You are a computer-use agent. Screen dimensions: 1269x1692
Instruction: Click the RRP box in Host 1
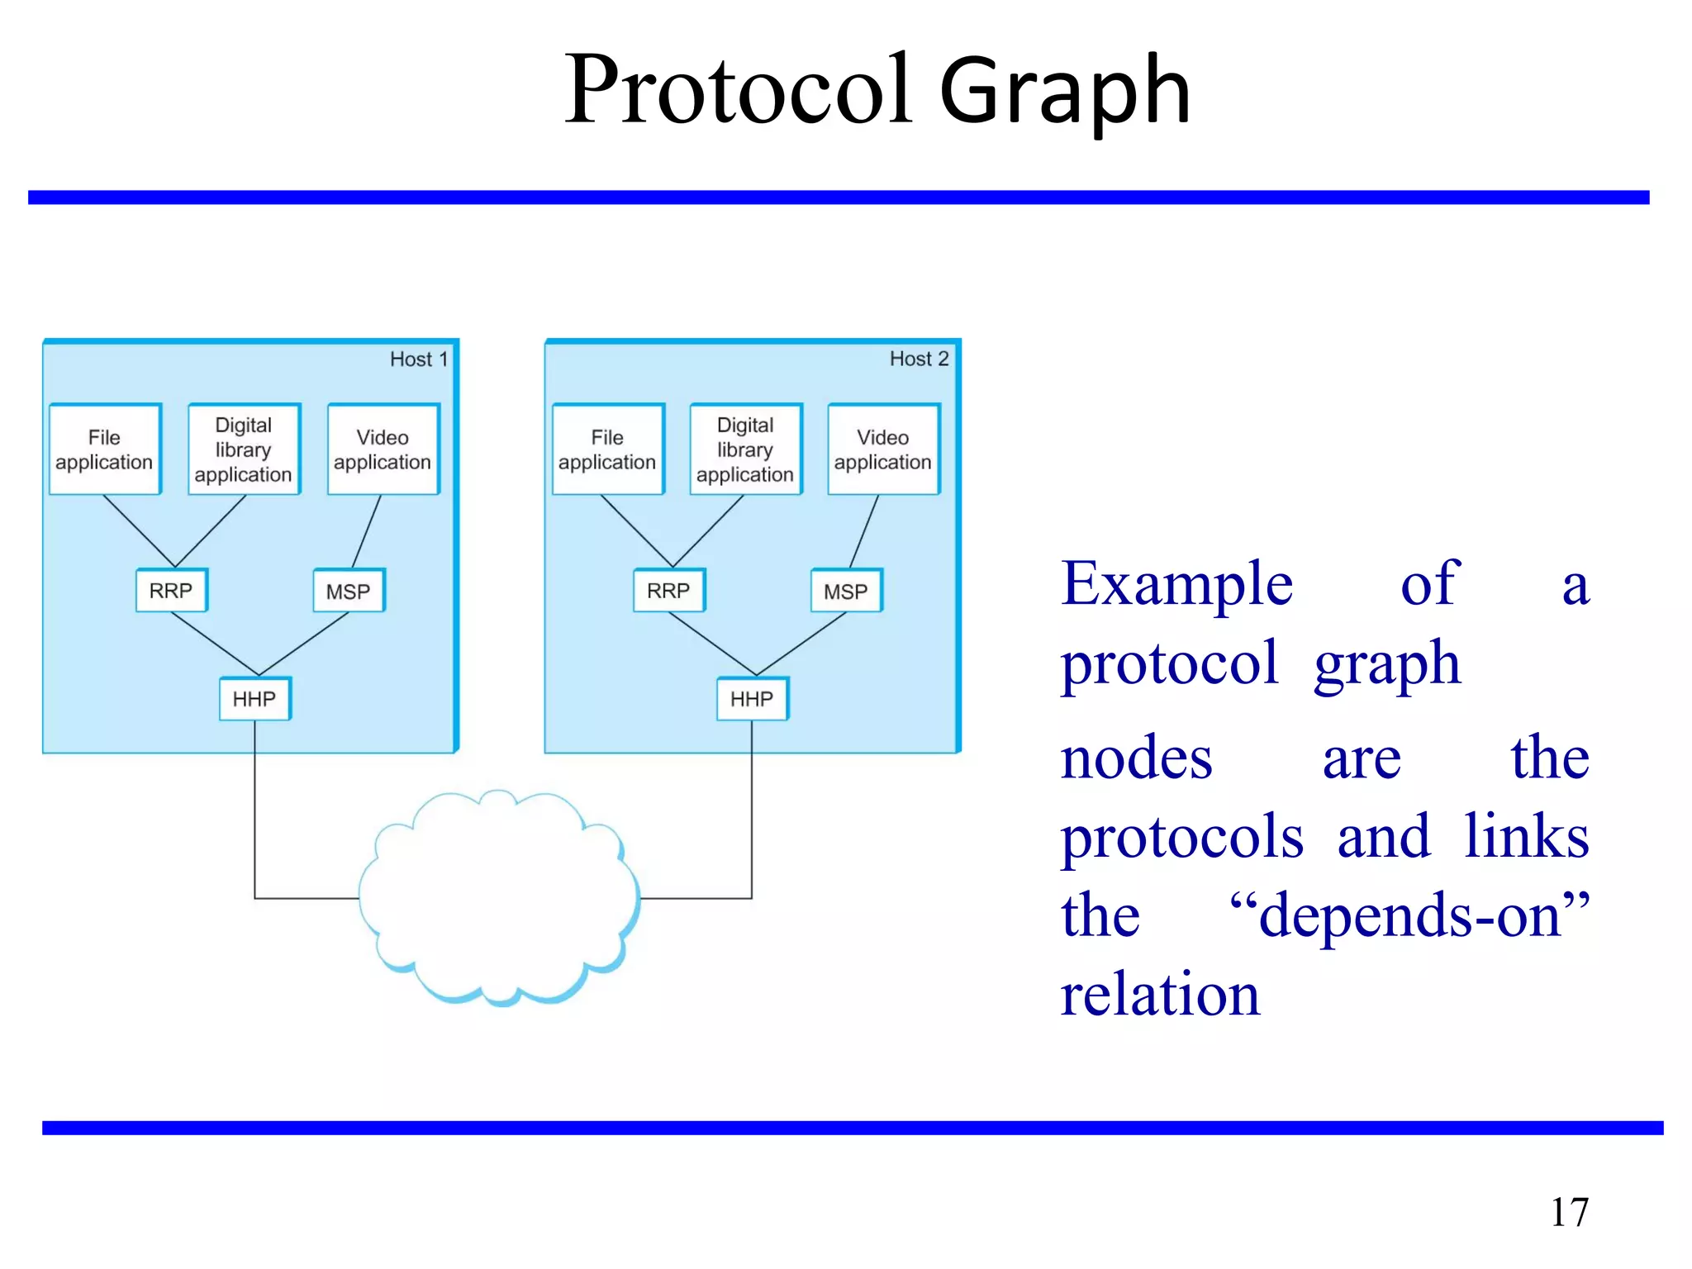point(171,591)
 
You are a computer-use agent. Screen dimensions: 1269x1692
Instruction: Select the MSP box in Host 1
point(349,592)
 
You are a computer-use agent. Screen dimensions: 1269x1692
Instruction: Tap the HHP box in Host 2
point(752,699)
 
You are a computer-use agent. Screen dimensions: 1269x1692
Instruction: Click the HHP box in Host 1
point(254,699)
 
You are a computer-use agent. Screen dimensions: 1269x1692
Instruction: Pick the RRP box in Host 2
point(668,591)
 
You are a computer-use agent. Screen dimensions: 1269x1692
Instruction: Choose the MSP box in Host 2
point(846,592)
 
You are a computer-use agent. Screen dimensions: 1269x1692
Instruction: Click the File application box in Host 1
point(105,449)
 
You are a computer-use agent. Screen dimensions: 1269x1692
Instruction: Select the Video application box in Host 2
point(883,449)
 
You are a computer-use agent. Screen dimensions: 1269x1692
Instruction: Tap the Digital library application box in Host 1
point(244,449)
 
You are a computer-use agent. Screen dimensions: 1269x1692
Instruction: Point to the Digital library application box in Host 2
point(745,449)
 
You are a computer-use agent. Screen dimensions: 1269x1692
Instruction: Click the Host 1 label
point(419,359)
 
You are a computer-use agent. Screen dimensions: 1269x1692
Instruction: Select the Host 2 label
point(919,359)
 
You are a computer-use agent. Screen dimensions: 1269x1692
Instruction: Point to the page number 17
point(1569,1213)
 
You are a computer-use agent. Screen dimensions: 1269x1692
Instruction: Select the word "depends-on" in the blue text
point(1409,915)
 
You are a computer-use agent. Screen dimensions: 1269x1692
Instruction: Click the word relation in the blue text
point(1160,994)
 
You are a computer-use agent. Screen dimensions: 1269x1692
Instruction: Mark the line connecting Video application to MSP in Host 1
point(367,531)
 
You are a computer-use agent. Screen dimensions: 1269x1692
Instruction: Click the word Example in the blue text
point(1176,584)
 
